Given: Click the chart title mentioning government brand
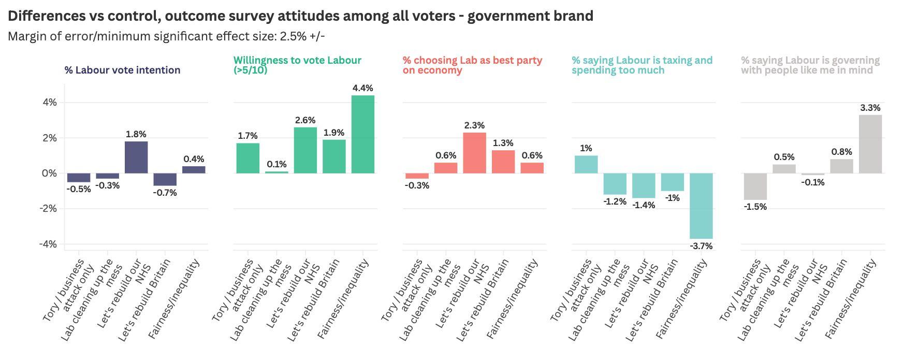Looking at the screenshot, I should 300,16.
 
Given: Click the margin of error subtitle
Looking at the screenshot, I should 166,36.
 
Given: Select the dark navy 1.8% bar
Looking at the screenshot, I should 136,157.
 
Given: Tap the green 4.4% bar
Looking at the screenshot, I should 362,134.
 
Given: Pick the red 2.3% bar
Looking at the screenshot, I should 474,153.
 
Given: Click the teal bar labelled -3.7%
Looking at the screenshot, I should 701,206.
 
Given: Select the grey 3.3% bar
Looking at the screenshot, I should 870,144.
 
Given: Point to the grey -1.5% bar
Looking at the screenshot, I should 755,186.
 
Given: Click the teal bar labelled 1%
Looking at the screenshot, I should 586,164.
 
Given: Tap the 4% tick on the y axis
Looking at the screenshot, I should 50,103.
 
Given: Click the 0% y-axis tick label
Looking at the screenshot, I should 50,173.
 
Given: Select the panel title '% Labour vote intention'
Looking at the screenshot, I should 122,70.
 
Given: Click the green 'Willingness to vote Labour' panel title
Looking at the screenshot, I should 297,65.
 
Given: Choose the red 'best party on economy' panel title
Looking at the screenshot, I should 472,65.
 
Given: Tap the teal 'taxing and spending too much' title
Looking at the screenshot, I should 642,65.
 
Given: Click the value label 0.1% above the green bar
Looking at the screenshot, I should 276,164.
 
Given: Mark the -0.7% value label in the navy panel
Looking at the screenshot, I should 165,193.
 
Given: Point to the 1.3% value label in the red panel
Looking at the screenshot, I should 503,143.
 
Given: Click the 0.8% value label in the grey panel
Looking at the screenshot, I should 841,152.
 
